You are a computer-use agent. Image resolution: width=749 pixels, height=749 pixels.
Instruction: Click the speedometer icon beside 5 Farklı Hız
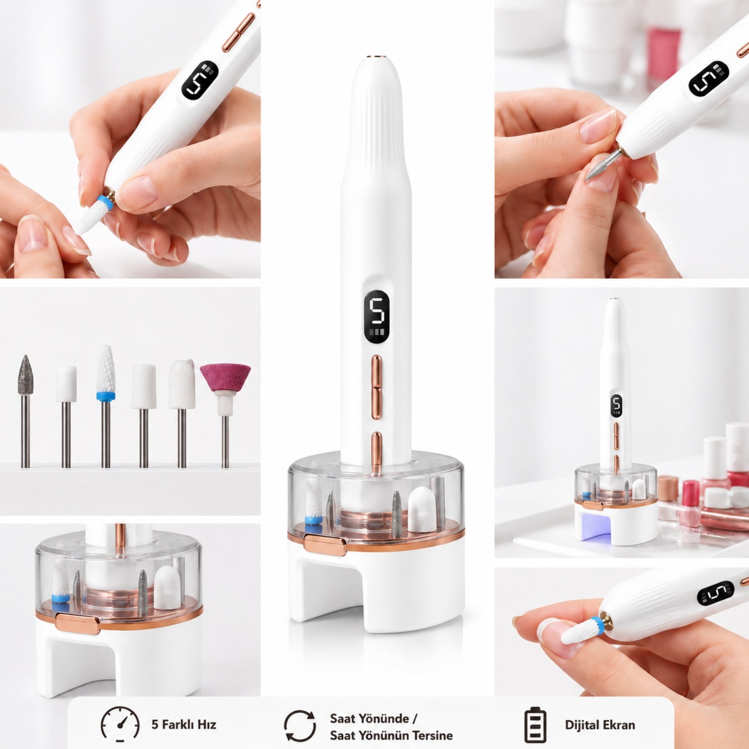[120, 725]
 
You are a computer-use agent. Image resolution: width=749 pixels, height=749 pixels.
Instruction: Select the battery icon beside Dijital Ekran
[535, 725]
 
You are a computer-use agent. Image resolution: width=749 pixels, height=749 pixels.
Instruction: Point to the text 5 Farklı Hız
[184, 725]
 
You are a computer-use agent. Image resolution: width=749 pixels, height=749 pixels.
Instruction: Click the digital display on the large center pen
[377, 316]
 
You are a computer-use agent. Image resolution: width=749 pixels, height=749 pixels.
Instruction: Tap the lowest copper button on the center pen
[376, 451]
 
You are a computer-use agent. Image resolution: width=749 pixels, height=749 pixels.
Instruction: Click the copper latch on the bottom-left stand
[78, 624]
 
